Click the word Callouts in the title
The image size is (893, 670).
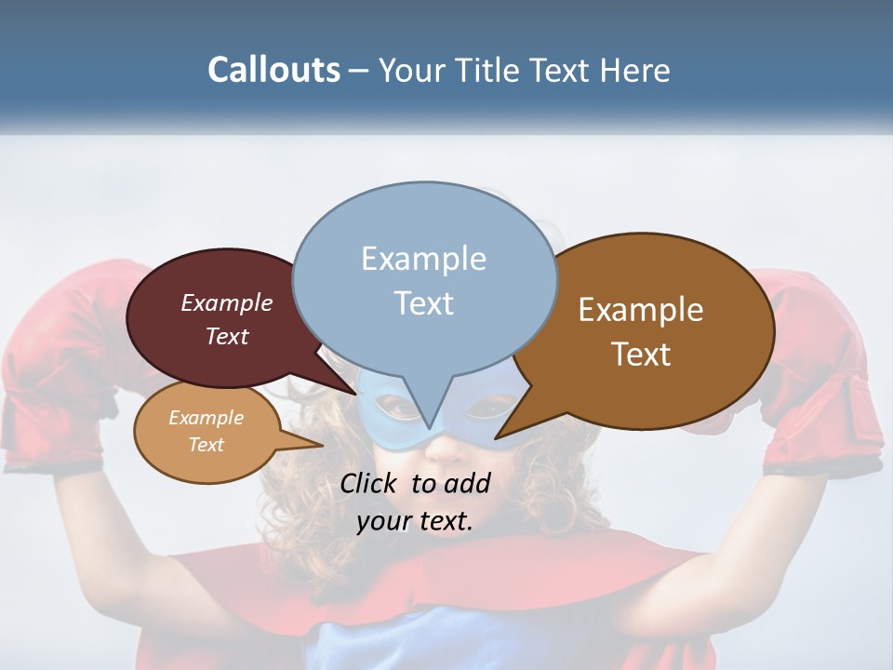273,70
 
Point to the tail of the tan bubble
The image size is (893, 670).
312,445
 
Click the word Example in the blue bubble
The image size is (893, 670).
423,259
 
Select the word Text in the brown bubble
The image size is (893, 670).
641,355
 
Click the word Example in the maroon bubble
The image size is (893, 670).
226,303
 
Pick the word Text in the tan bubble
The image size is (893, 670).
206,445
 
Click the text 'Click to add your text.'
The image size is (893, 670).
415,502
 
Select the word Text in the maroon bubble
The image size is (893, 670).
226,337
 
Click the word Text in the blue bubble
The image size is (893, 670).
424,303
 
